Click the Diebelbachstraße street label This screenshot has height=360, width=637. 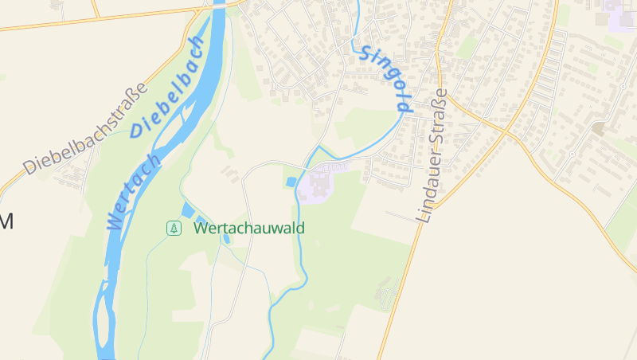(x=86, y=129)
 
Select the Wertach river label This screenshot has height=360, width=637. (x=133, y=192)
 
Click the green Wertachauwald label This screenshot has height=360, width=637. (x=249, y=229)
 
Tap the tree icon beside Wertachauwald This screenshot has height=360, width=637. (x=173, y=229)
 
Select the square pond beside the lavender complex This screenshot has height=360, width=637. (x=290, y=182)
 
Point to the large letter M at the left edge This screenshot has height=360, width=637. (x=6, y=221)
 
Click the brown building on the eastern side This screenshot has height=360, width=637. (x=598, y=127)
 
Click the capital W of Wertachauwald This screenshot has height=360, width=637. (x=200, y=229)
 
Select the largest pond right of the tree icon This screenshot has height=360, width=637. (x=188, y=211)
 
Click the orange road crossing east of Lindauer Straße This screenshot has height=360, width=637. (x=504, y=132)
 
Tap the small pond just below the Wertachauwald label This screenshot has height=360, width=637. (x=226, y=238)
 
